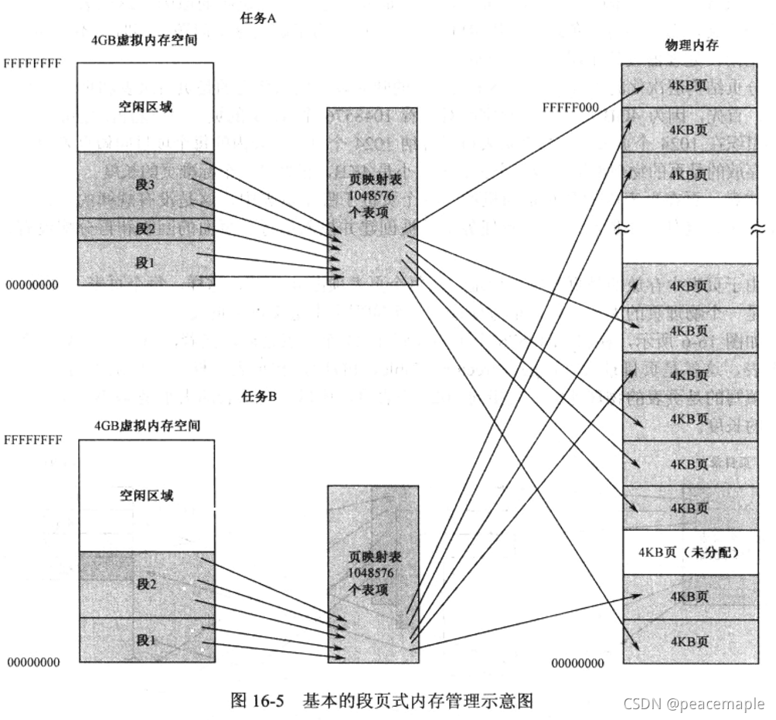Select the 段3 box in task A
(x=145, y=185)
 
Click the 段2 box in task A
(x=145, y=229)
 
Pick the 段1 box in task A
(x=145, y=262)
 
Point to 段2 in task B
(x=146, y=584)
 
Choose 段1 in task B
(x=146, y=640)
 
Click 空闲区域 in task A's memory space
(x=145, y=107)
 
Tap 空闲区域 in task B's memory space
(x=146, y=494)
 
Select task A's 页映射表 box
(x=373, y=196)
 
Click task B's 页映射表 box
(x=373, y=573)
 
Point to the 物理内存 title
(x=691, y=46)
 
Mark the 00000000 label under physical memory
(x=578, y=663)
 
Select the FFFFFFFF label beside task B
(x=33, y=441)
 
